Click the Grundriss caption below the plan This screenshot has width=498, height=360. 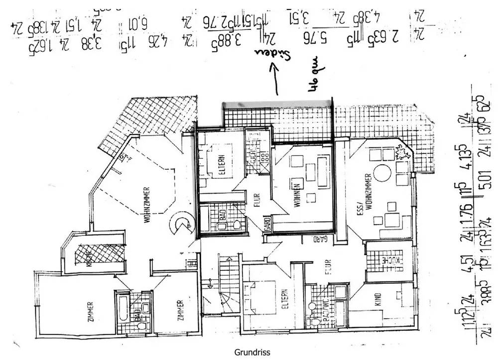tap(252, 353)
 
